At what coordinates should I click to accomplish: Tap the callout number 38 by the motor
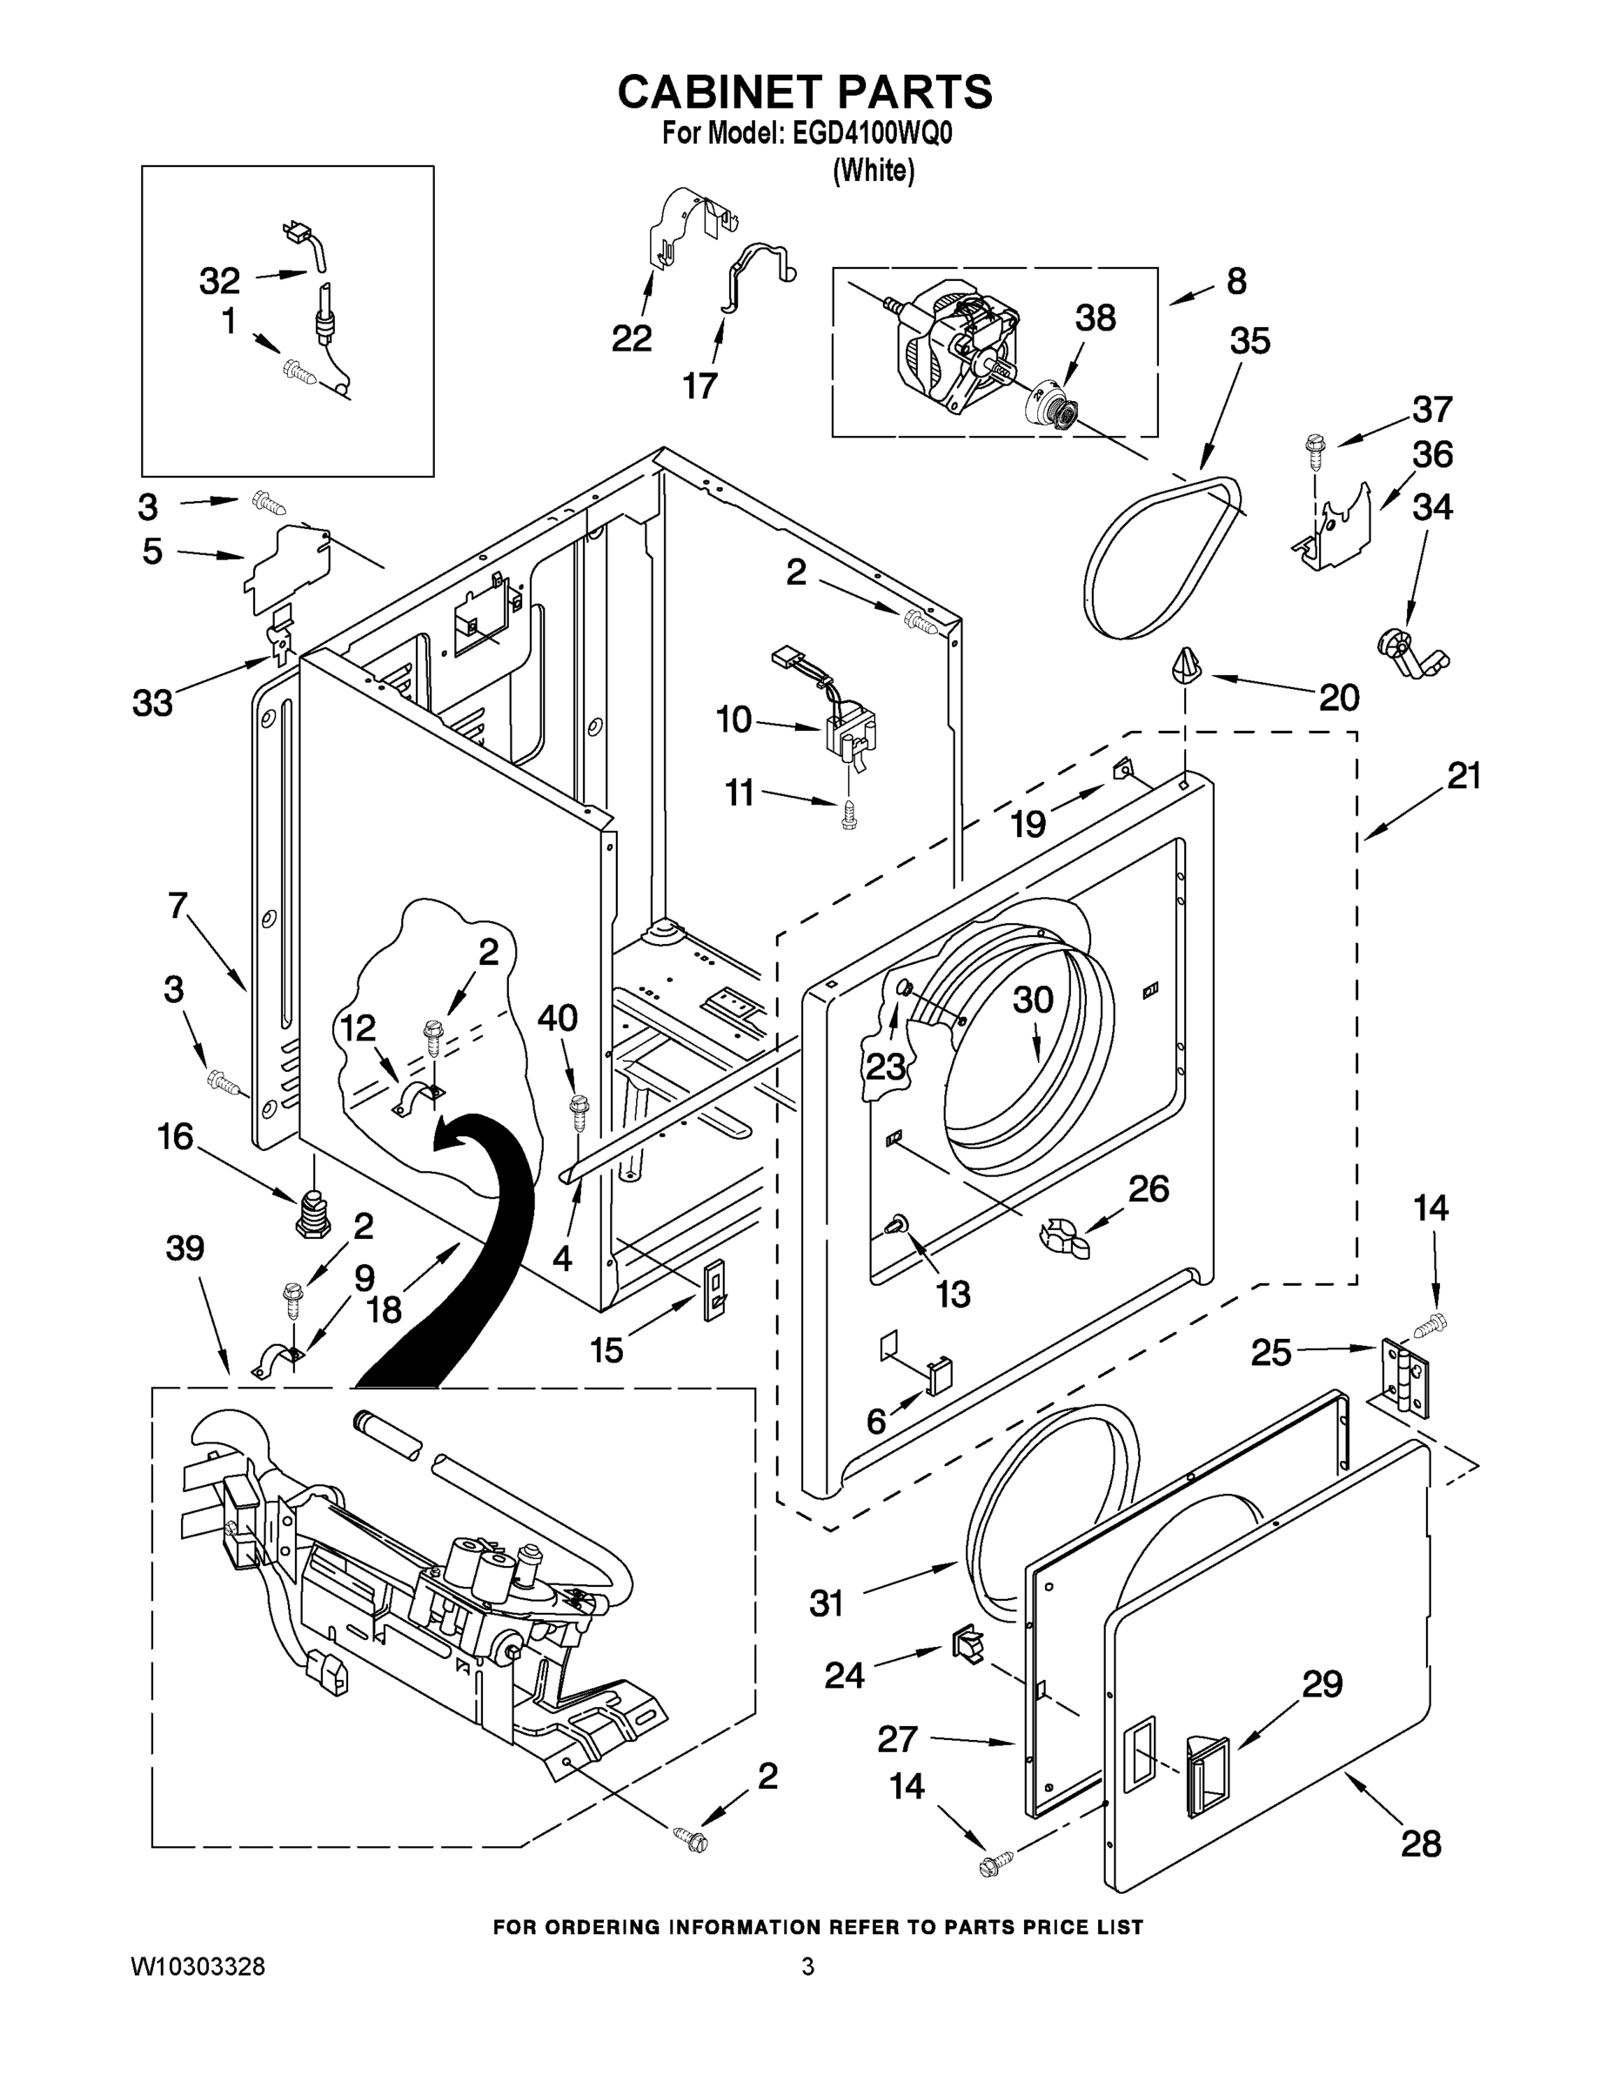[x=1095, y=318]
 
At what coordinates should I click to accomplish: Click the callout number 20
[x=1339, y=698]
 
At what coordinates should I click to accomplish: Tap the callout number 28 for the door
[x=1421, y=1844]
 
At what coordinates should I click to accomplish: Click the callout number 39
[x=184, y=1248]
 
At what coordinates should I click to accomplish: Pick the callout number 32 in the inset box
[x=219, y=281]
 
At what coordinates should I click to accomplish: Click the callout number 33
[x=152, y=704]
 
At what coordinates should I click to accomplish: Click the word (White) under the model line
[x=873, y=171]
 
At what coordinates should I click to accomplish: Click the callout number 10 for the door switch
[x=734, y=719]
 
